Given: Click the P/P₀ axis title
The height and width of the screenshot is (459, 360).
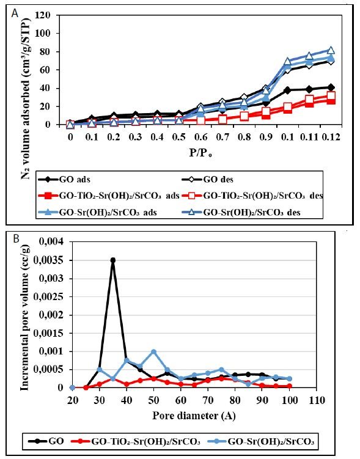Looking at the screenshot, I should (200, 150).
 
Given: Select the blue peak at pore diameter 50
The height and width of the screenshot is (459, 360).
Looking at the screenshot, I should (153, 351).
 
